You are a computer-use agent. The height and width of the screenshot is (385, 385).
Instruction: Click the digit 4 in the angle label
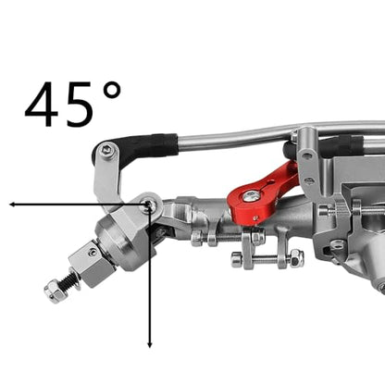pos(42,105)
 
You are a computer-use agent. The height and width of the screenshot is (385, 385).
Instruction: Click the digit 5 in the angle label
pos(80,105)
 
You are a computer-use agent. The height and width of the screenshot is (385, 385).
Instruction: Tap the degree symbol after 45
pos(112,90)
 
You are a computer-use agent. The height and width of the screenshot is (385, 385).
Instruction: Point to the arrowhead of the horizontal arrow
pos(12,205)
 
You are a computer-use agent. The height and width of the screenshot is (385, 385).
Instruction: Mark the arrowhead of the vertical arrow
pos(150,344)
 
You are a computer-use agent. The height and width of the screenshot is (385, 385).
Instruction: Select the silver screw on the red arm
pos(251,196)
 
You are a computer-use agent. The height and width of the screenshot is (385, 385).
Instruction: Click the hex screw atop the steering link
pos(106,150)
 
